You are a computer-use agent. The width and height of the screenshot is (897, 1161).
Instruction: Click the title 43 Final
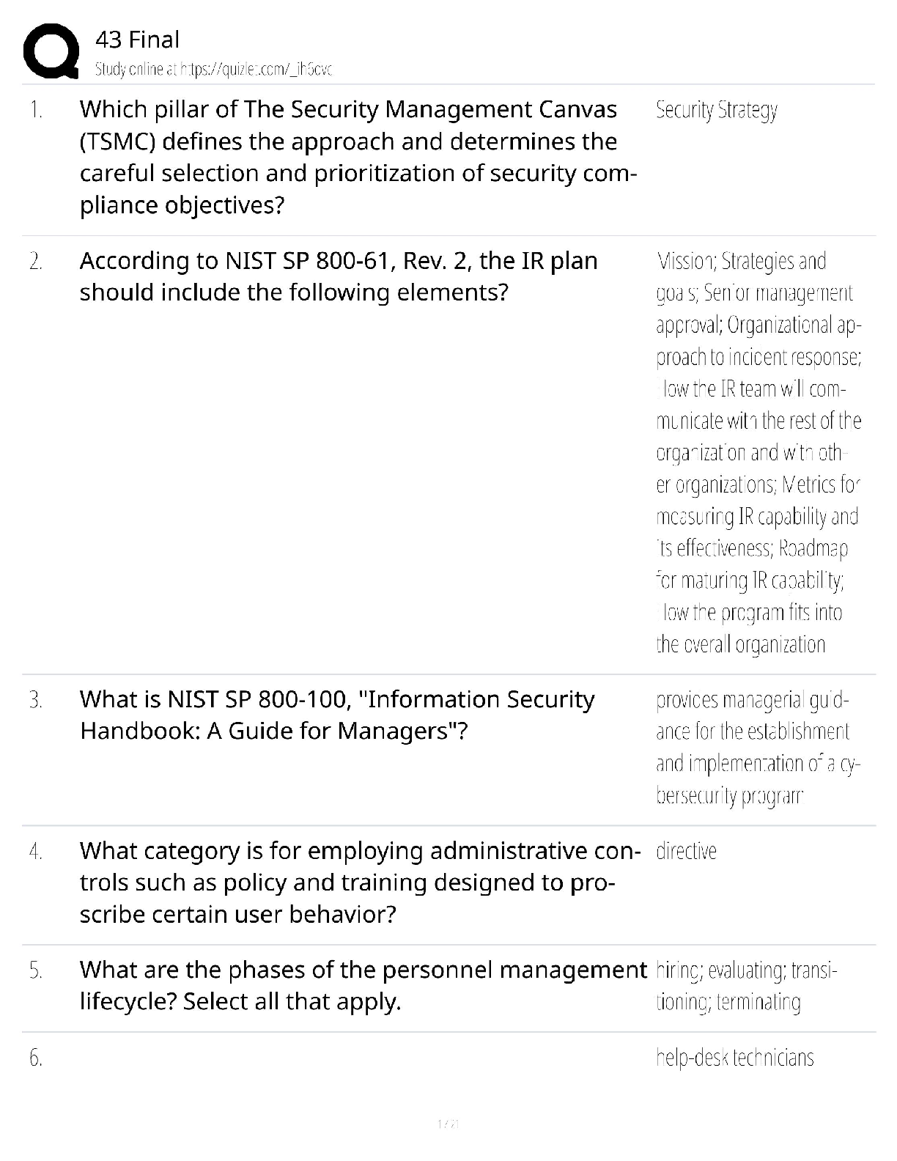[137, 40]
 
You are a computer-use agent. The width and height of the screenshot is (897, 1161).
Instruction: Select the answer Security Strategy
[716, 110]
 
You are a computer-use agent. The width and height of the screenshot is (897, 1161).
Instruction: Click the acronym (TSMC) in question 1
[117, 141]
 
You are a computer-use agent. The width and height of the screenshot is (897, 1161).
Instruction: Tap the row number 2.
[35, 261]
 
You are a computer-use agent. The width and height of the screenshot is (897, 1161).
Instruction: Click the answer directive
[686, 851]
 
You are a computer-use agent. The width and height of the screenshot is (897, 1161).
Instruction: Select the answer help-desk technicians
[734, 1058]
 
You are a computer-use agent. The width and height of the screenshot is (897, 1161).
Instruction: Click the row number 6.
[35, 1058]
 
